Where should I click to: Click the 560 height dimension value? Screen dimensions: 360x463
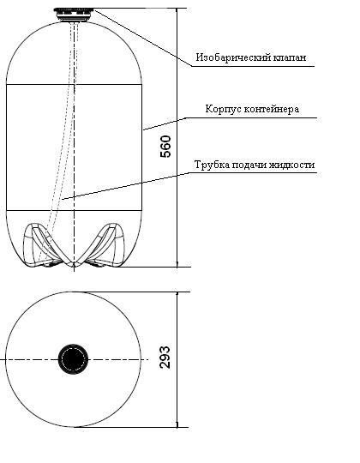click(x=165, y=147)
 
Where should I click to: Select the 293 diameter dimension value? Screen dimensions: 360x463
click(x=165, y=358)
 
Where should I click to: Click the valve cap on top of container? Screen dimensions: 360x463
click(x=74, y=15)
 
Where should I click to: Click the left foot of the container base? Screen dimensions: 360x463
click(x=45, y=246)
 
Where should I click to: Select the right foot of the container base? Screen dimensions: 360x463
click(x=104, y=246)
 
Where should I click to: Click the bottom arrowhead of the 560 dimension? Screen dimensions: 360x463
click(x=177, y=264)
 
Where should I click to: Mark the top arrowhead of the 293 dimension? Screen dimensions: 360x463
click(x=177, y=296)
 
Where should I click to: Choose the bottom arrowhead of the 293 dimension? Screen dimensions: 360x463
click(x=177, y=424)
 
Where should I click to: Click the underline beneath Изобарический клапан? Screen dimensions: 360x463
click(x=253, y=66)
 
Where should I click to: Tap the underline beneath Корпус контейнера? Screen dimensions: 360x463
click(x=252, y=118)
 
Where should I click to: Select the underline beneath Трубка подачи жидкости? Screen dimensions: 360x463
click(x=253, y=173)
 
